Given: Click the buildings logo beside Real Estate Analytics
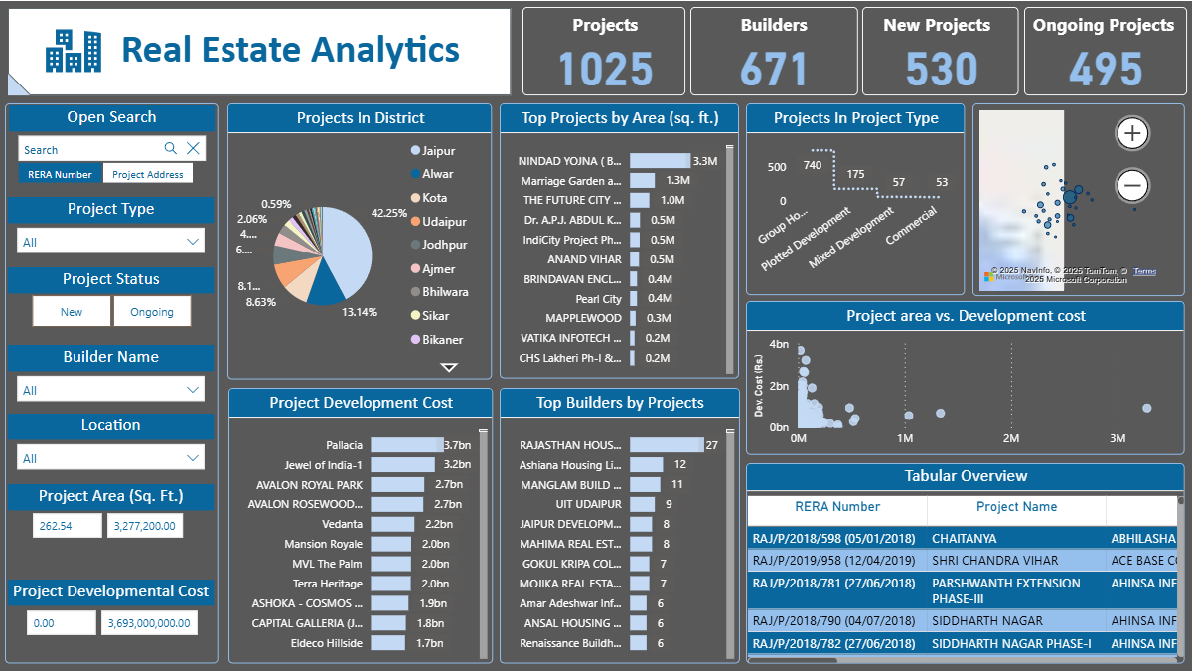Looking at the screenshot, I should [x=73, y=51].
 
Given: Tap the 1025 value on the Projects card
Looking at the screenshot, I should [x=605, y=70].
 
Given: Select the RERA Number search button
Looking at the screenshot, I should [x=60, y=174].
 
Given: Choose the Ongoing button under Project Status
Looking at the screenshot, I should [x=152, y=312].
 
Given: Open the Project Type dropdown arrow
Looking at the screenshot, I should [x=193, y=242].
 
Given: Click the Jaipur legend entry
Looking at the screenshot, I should [x=438, y=151].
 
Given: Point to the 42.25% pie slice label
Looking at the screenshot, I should [x=389, y=213].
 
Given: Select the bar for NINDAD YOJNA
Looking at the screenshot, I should [x=660, y=161].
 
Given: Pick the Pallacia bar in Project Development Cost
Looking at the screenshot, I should [x=406, y=445].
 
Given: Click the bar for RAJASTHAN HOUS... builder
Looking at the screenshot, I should [x=666, y=445].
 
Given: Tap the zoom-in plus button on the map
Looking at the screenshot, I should [x=1132, y=133].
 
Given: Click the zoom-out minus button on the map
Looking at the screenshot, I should [x=1132, y=185].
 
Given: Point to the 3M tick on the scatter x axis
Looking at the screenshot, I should [x=1118, y=438].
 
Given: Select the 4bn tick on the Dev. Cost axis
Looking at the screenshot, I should [x=779, y=344].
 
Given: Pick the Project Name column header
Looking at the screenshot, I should [x=1016, y=507].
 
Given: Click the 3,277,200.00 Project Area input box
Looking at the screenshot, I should [x=145, y=526].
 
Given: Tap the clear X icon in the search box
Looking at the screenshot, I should [x=194, y=149].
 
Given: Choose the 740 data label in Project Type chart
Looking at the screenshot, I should [x=813, y=165].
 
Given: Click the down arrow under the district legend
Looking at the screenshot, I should [x=449, y=368].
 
